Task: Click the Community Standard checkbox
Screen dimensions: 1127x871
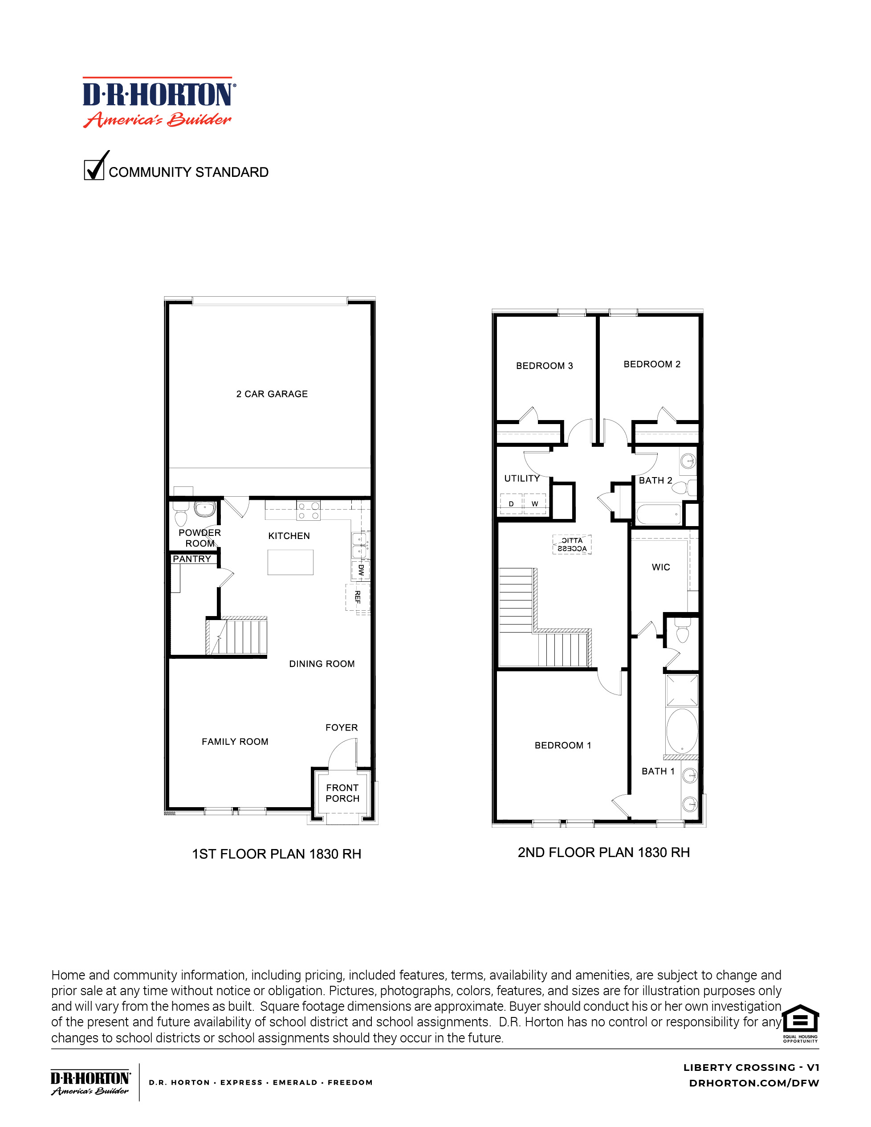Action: pyautogui.click(x=94, y=170)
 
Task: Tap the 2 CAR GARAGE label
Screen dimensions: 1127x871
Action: pyautogui.click(x=272, y=394)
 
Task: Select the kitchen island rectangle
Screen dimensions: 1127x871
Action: pyautogui.click(x=290, y=562)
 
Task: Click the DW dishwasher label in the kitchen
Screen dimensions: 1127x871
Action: pyautogui.click(x=361, y=570)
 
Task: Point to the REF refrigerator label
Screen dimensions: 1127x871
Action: pyautogui.click(x=358, y=597)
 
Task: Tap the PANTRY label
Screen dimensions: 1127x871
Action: pyautogui.click(x=192, y=559)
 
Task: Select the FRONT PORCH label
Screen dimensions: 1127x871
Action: pyautogui.click(x=342, y=793)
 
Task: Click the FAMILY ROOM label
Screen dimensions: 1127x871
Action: pyautogui.click(x=235, y=742)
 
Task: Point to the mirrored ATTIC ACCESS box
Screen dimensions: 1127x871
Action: pyautogui.click(x=572, y=544)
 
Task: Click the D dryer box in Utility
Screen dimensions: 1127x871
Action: pyautogui.click(x=511, y=504)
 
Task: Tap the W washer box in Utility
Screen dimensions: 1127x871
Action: pyautogui.click(x=534, y=504)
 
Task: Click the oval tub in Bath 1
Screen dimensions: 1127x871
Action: pyautogui.click(x=682, y=731)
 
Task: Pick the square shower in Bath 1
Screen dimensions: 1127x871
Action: pyautogui.click(x=682, y=690)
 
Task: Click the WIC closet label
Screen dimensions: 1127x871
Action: pyautogui.click(x=660, y=567)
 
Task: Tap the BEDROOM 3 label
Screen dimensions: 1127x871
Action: pyautogui.click(x=544, y=366)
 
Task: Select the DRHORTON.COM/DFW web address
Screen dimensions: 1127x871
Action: pyautogui.click(x=754, y=1083)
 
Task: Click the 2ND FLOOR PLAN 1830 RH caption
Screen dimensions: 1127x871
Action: pyautogui.click(x=603, y=853)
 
